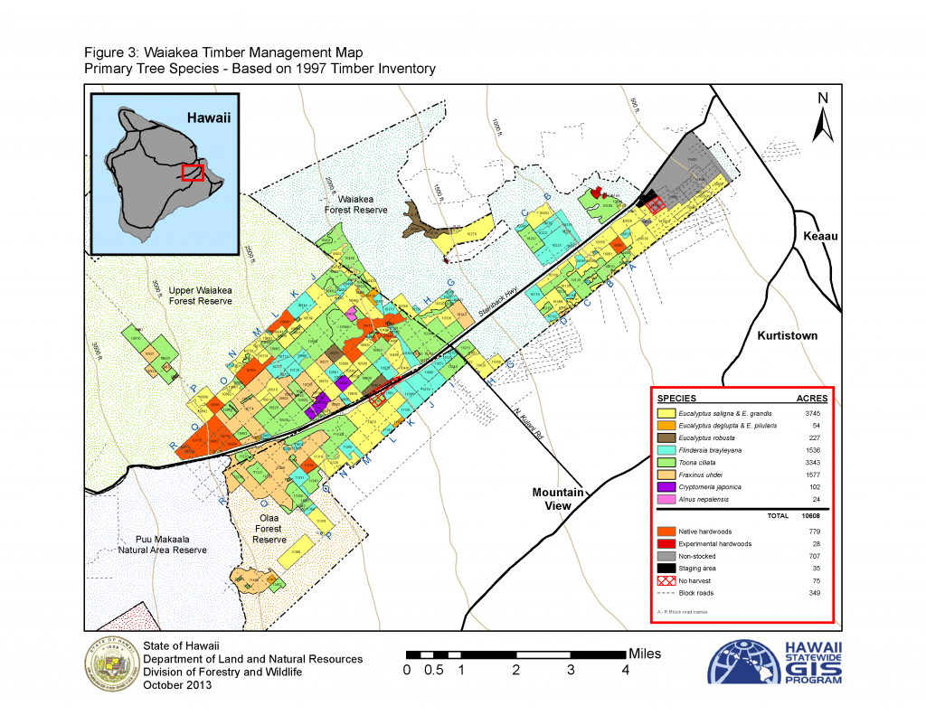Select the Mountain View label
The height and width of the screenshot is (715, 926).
click(556, 499)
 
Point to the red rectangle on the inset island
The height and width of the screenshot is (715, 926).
click(191, 173)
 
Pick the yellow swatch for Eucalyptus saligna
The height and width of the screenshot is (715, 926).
click(667, 414)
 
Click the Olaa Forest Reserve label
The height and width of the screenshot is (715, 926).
click(269, 529)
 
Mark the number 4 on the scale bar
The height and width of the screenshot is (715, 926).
click(625, 670)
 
